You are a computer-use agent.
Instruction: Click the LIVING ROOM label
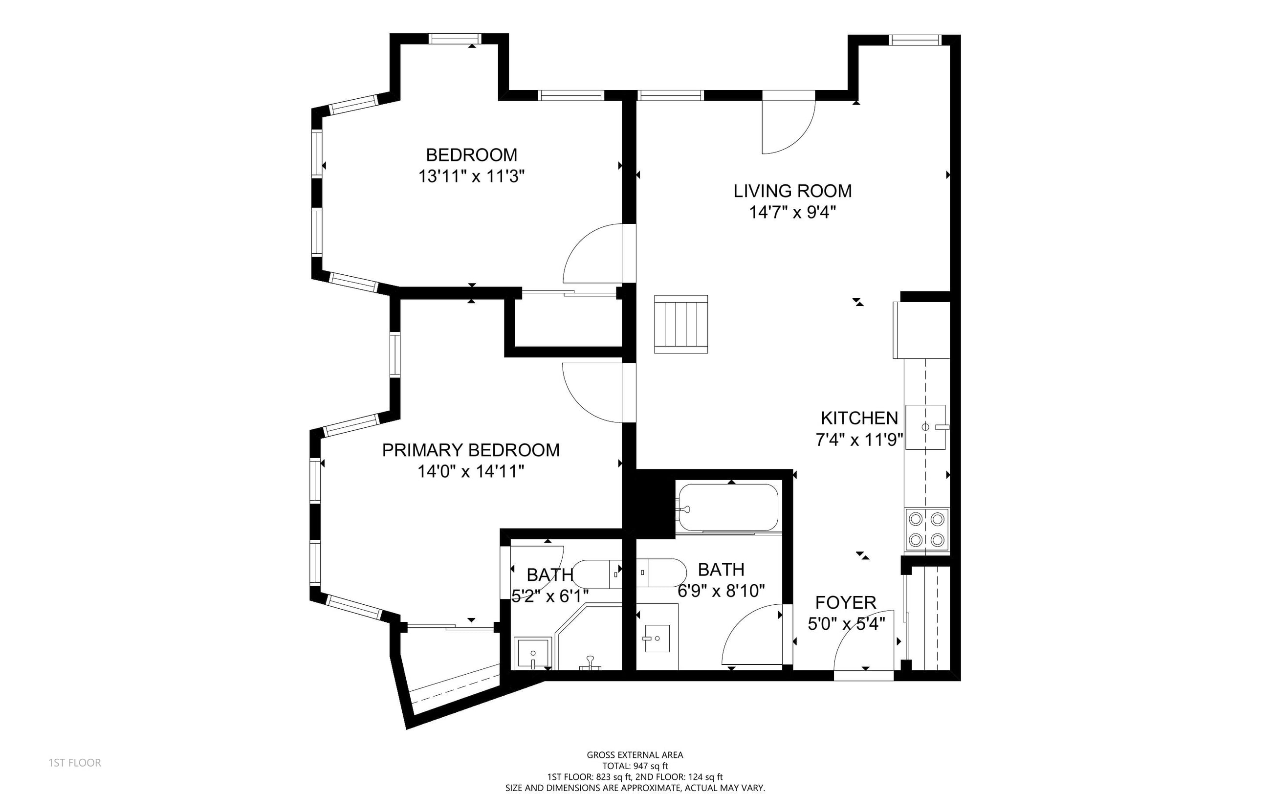792,191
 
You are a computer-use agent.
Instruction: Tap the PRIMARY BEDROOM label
471,450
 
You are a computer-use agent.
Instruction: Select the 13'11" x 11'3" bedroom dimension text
471,176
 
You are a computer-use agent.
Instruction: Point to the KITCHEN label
859,418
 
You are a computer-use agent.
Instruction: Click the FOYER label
846,602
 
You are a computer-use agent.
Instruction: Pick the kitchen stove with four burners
926,529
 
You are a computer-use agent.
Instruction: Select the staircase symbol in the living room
681,324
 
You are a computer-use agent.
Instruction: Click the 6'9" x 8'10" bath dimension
721,591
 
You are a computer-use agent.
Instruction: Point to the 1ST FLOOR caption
75,763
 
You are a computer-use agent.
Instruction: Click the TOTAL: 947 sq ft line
635,766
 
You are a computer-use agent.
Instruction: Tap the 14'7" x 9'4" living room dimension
792,212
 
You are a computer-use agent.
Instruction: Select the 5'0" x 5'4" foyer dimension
846,624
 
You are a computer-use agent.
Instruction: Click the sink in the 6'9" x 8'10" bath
657,639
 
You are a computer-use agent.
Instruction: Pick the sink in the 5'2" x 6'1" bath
533,654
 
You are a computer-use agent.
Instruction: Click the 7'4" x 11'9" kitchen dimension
859,440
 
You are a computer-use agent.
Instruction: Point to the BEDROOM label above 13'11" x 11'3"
471,155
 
